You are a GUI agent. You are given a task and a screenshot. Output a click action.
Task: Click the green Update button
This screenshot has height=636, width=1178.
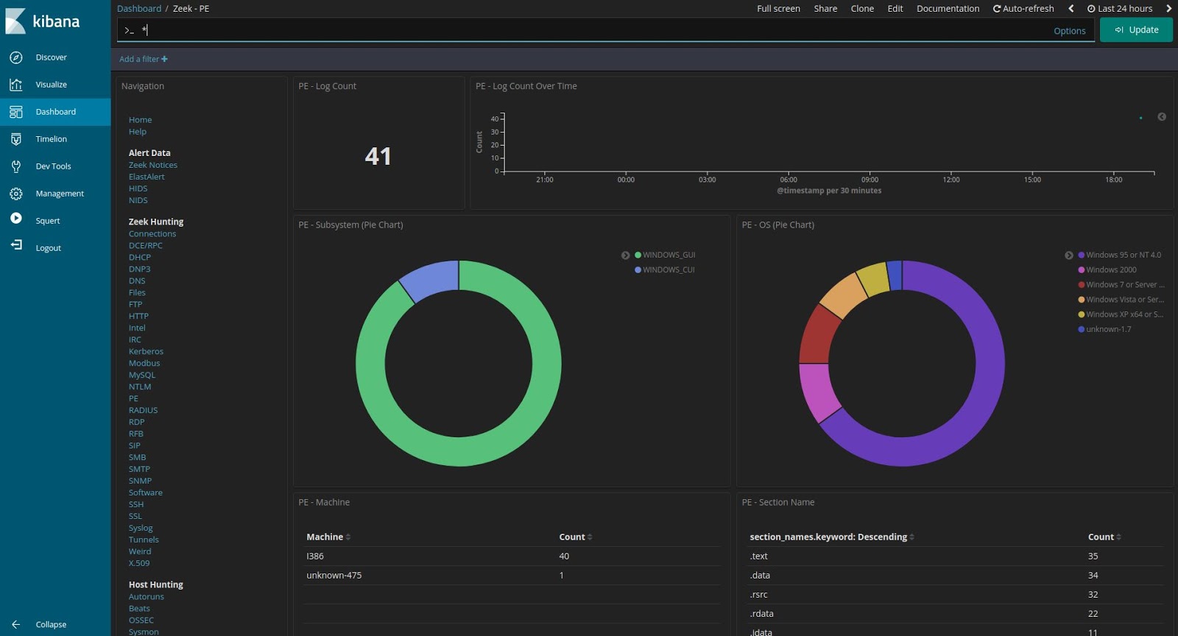[1136, 30]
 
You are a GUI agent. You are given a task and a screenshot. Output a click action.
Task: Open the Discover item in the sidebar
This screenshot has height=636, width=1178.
[51, 57]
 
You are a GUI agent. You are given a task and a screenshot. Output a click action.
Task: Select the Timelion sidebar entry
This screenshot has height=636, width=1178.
[51, 139]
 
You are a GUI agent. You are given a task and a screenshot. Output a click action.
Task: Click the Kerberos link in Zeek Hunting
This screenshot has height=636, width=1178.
[146, 351]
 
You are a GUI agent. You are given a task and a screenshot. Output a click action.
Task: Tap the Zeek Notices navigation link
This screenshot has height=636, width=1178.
[152, 165]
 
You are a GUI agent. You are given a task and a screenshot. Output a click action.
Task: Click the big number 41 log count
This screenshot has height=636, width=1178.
[378, 156]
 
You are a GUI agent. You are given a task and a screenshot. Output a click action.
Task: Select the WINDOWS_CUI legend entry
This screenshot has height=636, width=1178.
[668, 270]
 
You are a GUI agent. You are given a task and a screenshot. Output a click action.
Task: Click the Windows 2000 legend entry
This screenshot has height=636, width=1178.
[1110, 270]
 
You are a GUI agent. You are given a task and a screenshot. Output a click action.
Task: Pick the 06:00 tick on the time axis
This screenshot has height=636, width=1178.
[788, 180]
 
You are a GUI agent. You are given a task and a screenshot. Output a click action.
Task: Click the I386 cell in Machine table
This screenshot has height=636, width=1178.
[315, 556]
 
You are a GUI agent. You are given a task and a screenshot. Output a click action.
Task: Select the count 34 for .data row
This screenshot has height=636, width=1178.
[1093, 576]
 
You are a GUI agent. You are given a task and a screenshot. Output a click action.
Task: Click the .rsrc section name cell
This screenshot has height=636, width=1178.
[758, 595]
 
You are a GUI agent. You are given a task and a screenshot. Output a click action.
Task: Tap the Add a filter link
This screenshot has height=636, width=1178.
[143, 59]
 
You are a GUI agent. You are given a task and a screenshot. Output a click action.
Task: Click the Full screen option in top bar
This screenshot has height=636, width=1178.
[778, 9]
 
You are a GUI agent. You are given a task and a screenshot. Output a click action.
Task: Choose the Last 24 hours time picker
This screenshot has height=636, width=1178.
[1120, 9]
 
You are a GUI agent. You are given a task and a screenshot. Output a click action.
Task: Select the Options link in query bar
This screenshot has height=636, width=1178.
[1069, 31]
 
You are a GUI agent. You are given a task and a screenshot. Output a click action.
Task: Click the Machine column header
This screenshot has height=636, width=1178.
[325, 537]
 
